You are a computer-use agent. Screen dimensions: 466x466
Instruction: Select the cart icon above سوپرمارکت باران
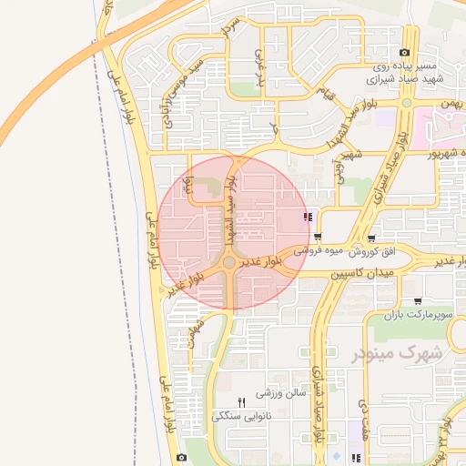417,299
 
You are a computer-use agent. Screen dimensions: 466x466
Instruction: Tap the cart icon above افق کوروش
342,238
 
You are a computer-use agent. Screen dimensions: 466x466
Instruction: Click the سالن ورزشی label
278,393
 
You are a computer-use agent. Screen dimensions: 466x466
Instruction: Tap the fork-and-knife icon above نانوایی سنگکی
241,401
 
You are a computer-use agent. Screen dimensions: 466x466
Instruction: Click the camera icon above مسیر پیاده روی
404,53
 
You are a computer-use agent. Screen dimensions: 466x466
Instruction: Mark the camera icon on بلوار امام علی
181,457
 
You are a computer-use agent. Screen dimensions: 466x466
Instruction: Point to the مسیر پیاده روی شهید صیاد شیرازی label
407,73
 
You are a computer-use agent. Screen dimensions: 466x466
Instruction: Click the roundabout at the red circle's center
229,263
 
